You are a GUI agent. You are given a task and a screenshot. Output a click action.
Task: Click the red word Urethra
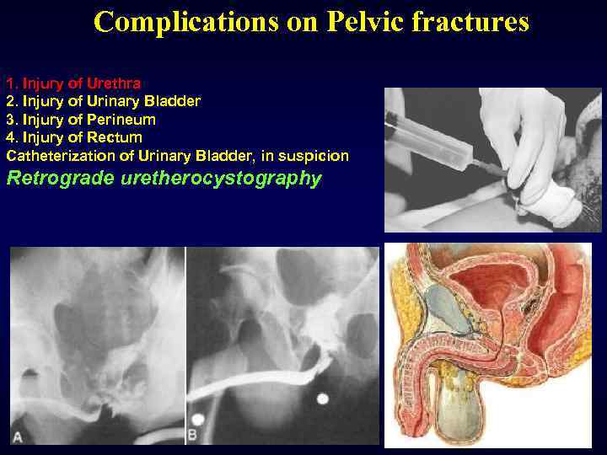pyautogui.click(x=114, y=83)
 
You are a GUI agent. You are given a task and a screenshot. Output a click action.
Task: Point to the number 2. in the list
pyautogui.click(x=12, y=101)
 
